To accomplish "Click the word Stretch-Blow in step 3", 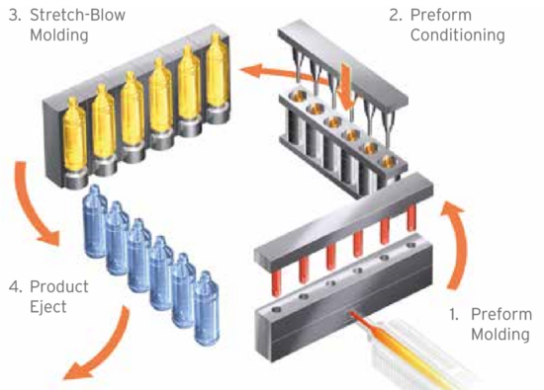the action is [77, 15].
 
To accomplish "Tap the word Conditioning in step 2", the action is [457, 36].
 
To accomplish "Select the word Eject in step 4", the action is [47, 307].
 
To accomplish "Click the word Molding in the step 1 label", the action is [499, 335].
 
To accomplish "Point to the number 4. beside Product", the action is [16, 287].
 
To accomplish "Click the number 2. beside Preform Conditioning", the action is [396, 15].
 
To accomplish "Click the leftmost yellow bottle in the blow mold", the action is [74, 137].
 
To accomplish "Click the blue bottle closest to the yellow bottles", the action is [95, 222].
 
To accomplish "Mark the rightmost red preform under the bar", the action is [411, 216].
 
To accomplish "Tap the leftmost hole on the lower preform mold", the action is [277, 310].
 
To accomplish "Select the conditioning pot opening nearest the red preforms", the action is [389, 161].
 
